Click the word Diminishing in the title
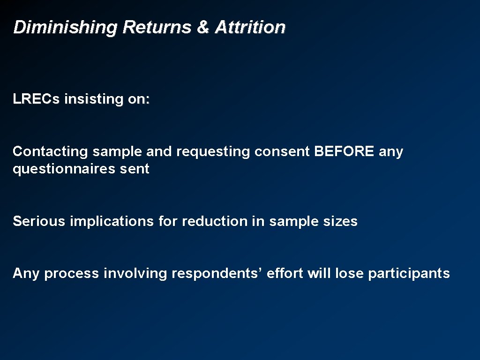pos(66,28)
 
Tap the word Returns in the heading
pos(157,27)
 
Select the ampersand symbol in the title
pos(203,27)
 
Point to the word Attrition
pos(250,27)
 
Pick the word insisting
pos(92,99)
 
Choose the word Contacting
pos(50,152)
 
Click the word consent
pos(282,152)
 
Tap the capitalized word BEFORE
pos(344,151)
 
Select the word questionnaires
pos(60,169)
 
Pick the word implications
pos(112,221)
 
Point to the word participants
pos(409,274)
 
